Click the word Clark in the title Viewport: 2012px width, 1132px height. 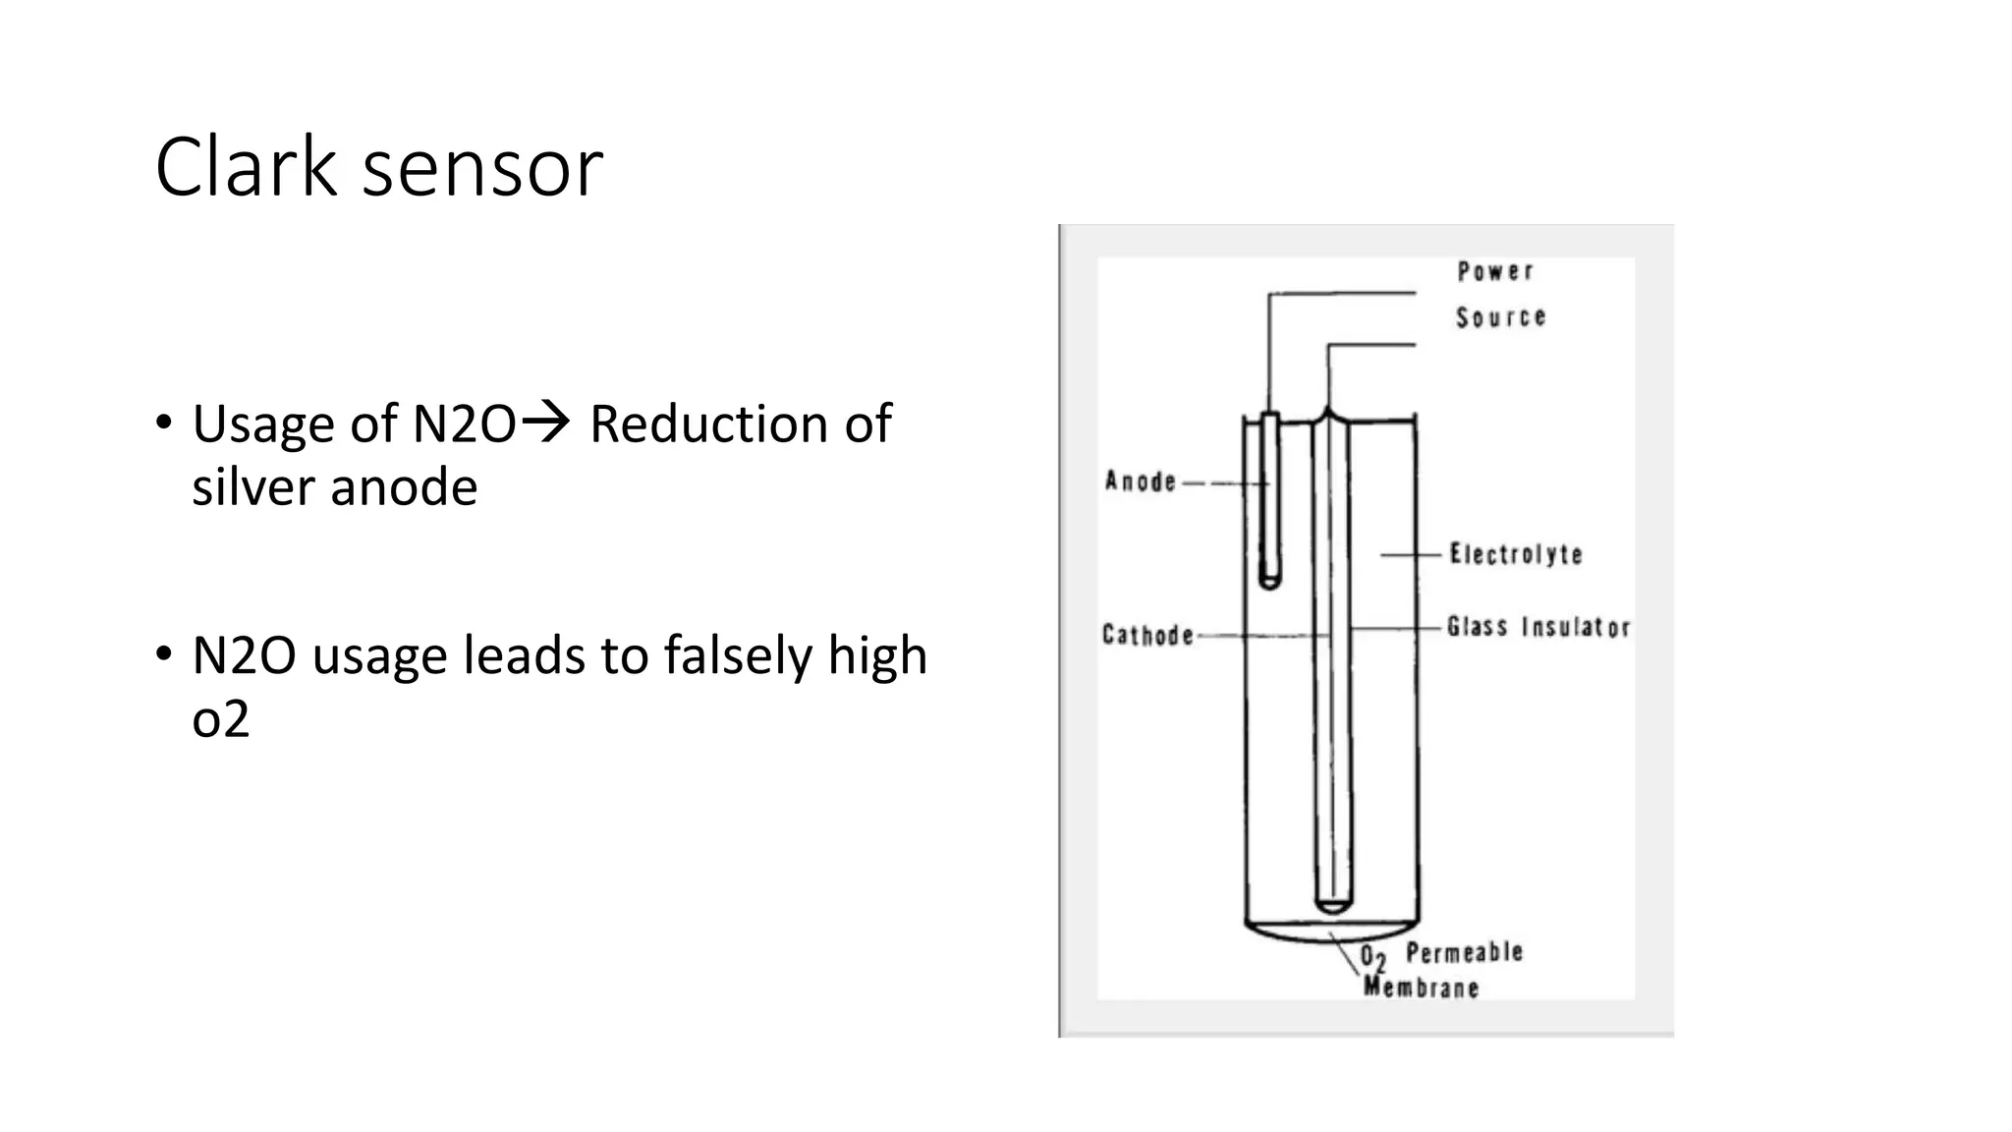coord(246,167)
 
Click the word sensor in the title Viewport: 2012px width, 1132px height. coord(482,172)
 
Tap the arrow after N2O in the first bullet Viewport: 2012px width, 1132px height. coord(545,424)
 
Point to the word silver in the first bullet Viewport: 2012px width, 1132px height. coord(252,486)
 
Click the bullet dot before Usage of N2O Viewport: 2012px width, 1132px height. coord(163,424)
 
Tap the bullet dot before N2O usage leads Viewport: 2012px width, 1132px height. coord(163,655)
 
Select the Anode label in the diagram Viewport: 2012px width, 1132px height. coord(1141,481)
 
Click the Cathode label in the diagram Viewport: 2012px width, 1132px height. coord(1147,635)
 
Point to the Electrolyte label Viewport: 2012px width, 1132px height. coord(1516,554)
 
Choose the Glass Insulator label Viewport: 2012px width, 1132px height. coord(1538,627)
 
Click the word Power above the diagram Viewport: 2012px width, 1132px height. coord(1494,271)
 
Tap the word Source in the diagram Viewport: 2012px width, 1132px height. coord(1500,317)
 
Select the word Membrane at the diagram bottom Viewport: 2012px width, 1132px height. coord(1421,987)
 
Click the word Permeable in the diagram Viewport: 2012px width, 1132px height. coord(1464,952)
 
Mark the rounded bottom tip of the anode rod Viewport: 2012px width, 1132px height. coord(1269,585)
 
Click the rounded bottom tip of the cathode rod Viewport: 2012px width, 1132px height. coord(1333,906)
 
